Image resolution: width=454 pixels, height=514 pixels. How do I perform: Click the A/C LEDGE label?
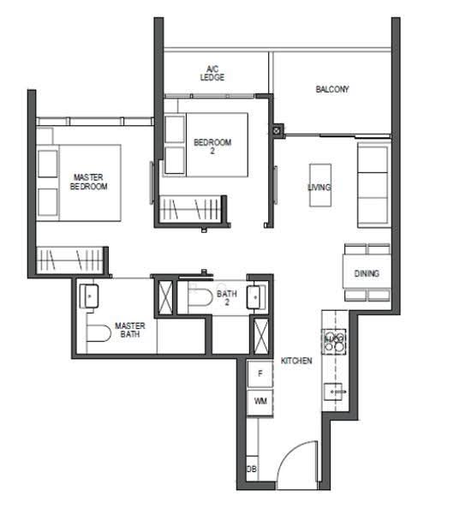212,74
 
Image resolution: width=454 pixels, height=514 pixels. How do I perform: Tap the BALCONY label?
332,89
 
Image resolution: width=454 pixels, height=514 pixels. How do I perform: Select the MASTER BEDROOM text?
88,182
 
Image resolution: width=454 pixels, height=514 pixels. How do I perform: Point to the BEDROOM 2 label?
212,146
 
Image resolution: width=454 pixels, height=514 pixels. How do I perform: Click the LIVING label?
320,187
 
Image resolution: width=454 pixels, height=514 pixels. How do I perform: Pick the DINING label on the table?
367,273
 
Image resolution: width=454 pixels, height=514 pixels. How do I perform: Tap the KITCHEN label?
296,361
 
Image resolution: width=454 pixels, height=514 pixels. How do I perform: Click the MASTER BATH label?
130,330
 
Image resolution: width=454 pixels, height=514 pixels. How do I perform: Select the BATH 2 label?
226,297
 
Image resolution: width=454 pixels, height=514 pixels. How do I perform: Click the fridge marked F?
260,374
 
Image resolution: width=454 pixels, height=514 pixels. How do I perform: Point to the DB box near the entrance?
252,469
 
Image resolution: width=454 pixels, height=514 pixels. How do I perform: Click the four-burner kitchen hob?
334,341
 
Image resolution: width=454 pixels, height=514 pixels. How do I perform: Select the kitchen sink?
334,392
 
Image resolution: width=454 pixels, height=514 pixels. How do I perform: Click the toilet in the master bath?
99,333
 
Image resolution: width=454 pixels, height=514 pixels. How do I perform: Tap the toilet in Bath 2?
200,296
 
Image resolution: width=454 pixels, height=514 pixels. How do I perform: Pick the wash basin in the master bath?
89,296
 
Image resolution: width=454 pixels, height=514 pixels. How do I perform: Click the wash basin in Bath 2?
255,297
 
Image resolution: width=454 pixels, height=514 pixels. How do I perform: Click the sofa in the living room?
373,185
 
